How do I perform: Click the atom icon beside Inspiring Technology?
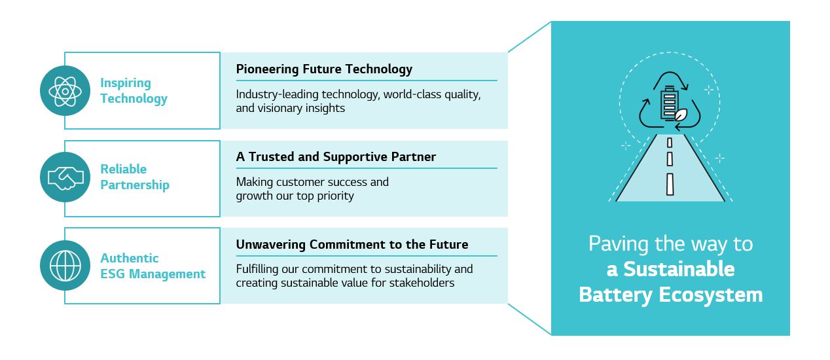pos(65,91)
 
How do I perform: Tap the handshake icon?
pos(65,177)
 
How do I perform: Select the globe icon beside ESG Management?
pos(65,266)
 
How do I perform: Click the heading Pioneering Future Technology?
pos(324,69)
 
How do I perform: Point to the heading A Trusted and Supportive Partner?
pos(336,156)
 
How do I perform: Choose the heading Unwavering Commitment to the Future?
pos(352,244)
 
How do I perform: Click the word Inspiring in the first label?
pos(126,83)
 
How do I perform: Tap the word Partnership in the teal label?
pos(135,185)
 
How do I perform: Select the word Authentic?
pos(130,258)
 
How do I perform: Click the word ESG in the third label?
pos(113,274)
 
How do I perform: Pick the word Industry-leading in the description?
pos(277,94)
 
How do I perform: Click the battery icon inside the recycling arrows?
pos(669,103)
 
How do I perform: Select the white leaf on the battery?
pos(681,115)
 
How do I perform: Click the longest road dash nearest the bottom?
pos(670,184)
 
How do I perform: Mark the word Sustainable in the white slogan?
pos(679,269)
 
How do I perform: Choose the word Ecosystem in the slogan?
pos(711,295)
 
